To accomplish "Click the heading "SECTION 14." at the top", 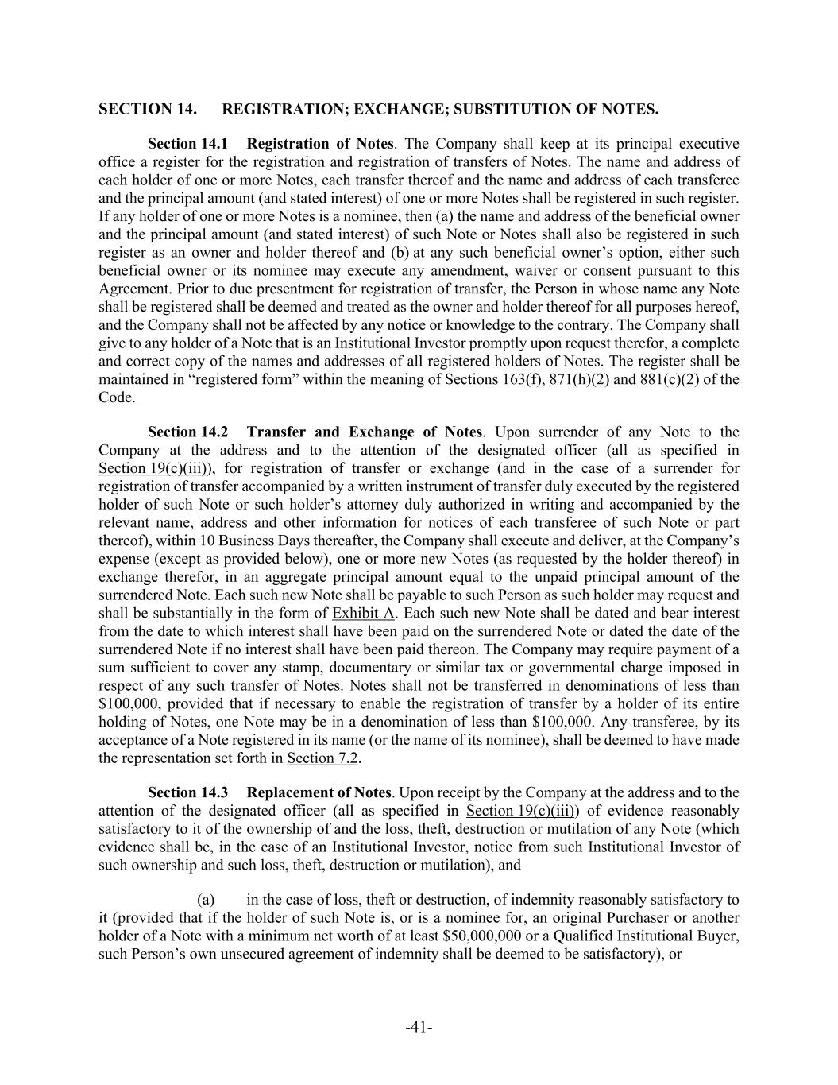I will pos(148,109).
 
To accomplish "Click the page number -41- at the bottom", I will pos(419,1028).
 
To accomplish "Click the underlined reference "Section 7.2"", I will pos(322,758).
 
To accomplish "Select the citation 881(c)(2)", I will pos(677,379).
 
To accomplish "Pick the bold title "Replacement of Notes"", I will pos(319,792).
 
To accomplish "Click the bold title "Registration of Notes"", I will pos(319,144).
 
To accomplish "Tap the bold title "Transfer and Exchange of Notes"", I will pos(364,432).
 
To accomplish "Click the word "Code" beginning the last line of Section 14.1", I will pos(115,397).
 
